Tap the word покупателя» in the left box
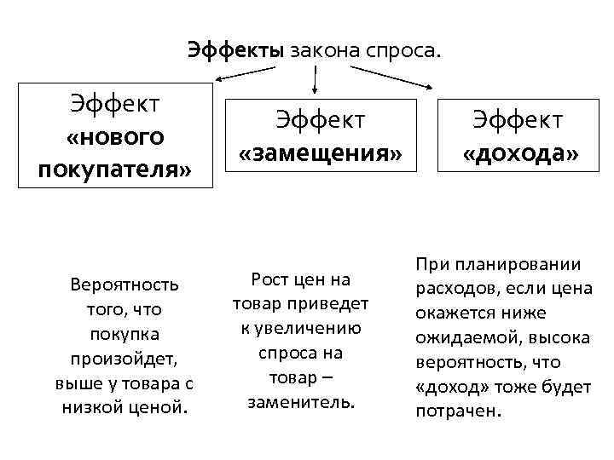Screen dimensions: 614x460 (115, 169)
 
